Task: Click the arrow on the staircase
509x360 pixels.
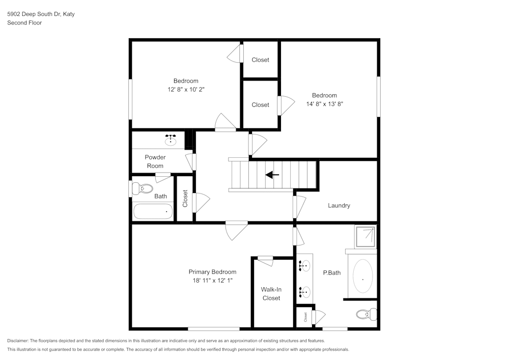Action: (x=272, y=175)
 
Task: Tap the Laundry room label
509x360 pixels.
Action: (x=338, y=206)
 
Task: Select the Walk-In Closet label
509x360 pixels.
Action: (x=271, y=294)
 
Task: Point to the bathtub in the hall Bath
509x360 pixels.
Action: (x=153, y=211)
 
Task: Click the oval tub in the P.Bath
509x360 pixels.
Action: (x=362, y=276)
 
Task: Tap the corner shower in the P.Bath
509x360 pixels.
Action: (x=366, y=237)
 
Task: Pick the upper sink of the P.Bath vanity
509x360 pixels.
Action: (x=304, y=265)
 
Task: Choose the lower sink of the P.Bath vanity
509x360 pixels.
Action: (x=304, y=291)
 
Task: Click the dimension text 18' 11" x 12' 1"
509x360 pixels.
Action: (x=212, y=281)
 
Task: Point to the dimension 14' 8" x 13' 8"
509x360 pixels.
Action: (x=324, y=104)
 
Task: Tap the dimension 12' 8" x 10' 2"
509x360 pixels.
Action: (x=186, y=89)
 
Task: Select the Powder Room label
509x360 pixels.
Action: (x=155, y=161)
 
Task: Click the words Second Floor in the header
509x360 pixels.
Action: (x=24, y=23)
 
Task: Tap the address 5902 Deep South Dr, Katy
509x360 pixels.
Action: (x=41, y=14)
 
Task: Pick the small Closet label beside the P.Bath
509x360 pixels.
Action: (x=305, y=317)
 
